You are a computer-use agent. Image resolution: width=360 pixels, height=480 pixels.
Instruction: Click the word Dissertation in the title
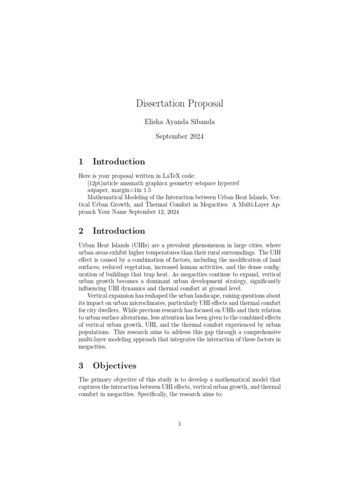159,103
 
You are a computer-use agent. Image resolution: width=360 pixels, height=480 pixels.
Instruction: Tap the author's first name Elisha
156,121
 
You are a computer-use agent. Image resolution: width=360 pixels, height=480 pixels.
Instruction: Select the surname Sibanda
203,121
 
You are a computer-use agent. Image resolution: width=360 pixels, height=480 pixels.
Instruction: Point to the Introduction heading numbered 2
119,231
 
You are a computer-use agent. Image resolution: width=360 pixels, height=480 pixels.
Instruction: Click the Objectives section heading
114,366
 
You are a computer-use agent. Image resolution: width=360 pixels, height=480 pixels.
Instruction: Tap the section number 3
81,366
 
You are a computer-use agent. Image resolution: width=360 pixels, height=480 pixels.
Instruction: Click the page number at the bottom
180,424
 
